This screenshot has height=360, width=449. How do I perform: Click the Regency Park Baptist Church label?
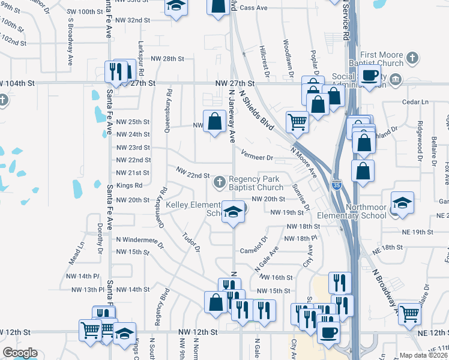pyautogui.click(x=255, y=183)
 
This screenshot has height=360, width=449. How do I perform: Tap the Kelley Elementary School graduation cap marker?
pyautogui.click(x=234, y=211)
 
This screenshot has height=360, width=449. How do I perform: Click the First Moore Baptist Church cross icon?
pyautogui.click(x=412, y=58)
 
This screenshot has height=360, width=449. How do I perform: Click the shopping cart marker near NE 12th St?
pyautogui.click(x=409, y=313)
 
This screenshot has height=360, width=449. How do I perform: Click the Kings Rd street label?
pyautogui.click(x=129, y=185)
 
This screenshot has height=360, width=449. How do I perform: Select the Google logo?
pyautogui.click(x=20, y=353)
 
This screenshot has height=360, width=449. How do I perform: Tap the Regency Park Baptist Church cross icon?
pyautogui.click(x=220, y=180)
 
